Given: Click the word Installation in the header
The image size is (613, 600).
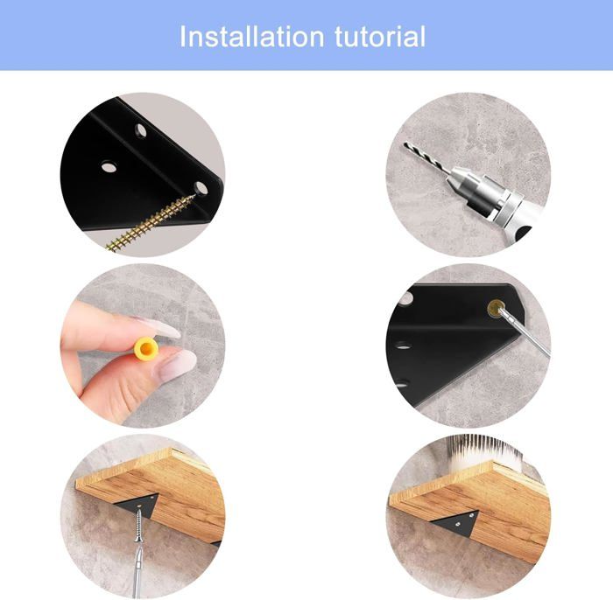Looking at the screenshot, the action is (252, 37).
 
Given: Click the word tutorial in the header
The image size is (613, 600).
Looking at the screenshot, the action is (380, 37).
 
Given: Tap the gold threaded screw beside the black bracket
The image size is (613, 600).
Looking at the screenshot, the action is (151, 223).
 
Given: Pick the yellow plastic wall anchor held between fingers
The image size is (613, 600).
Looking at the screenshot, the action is (146, 349).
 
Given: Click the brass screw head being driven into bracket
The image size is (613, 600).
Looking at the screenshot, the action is (496, 309).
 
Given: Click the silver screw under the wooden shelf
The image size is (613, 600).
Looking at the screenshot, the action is (138, 526).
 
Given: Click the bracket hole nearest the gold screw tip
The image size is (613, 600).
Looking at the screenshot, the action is (201, 188).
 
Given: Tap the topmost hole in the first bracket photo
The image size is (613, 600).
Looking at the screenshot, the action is (141, 131).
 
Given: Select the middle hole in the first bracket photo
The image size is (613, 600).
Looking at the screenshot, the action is (109, 167).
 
